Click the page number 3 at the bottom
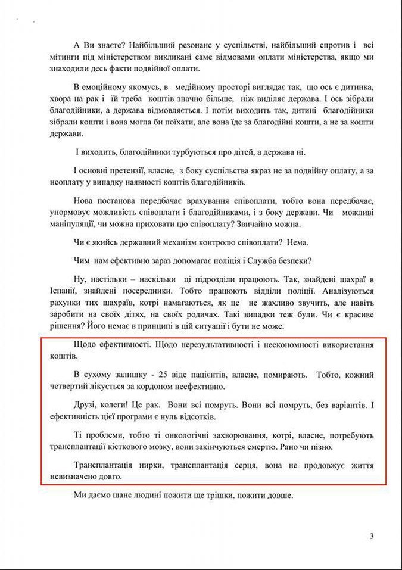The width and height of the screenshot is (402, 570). pyautogui.click(x=372, y=536)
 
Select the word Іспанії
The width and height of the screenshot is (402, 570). pyautogui.click(x=63, y=291)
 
